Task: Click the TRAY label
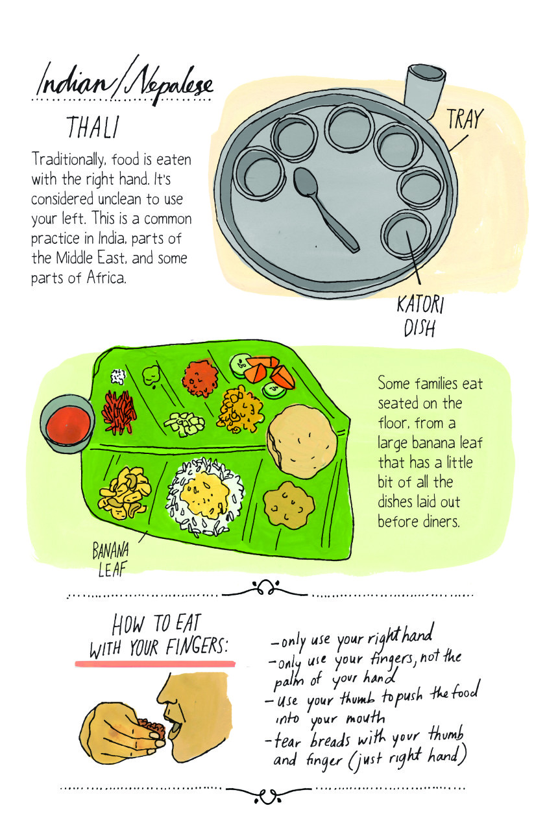tap(464, 119)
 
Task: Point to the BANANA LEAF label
tap(110, 560)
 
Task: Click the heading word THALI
tap(92, 128)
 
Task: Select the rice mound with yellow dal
tap(204, 496)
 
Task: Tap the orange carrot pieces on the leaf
tap(266, 371)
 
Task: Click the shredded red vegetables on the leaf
tap(119, 411)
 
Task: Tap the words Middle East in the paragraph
tap(110, 258)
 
